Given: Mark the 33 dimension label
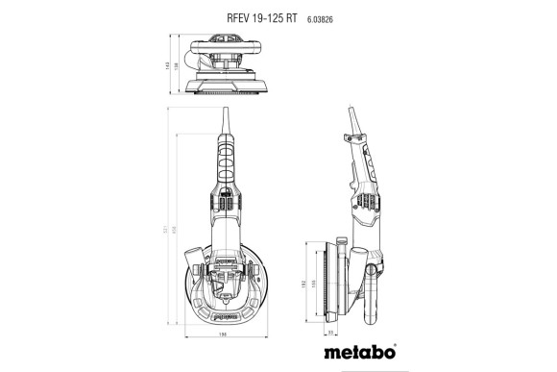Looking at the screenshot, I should click(331, 333).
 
